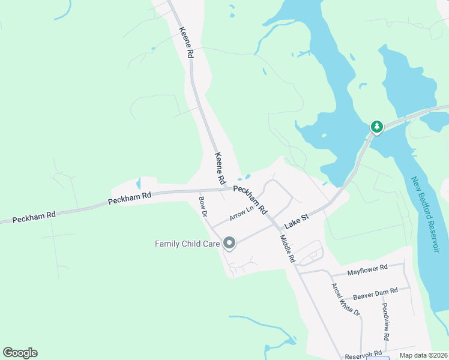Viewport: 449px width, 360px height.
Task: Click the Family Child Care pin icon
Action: pyautogui.click(x=229, y=243)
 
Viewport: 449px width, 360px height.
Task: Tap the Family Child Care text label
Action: pyautogui.click(x=187, y=244)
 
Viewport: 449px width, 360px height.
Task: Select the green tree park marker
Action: pyautogui.click(x=376, y=127)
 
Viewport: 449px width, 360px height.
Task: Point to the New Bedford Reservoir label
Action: pyautogui.click(x=428, y=222)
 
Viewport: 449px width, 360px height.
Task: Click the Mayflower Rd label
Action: pyautogui.click(x=367, y=267)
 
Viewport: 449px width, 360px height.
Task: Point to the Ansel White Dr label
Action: pyautogui.click(x=345, y=300)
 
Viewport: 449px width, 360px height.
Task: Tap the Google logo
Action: pyautogui.click(x=20, y=353)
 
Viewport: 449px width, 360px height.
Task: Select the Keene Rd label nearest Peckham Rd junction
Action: pyautogui.click(x=220, y=169)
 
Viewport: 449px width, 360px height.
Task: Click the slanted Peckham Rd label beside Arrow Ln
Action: pyautogui.click(x=250, y=199)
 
